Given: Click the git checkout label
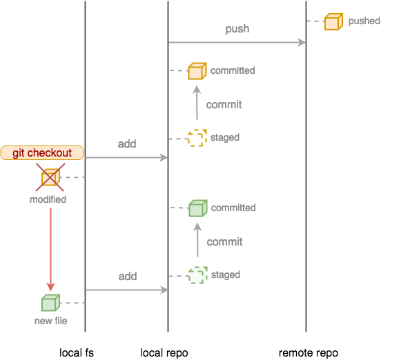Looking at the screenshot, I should (42, 152).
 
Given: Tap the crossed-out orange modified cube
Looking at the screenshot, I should (50, 178).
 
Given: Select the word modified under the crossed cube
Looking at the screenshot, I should (48, 199).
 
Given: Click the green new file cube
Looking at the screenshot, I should (50, 303).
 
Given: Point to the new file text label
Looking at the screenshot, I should (50, 321).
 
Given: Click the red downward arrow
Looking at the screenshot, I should (50, 248).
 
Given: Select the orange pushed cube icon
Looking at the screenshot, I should (333, 21).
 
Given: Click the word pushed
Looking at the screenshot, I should (364, 21).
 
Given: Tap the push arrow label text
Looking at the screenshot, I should (237, 29).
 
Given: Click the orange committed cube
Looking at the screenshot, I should (197, 70).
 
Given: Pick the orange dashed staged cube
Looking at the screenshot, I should (197, 138).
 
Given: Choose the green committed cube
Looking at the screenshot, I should (198, 208).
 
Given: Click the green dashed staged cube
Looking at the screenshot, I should (197, 275).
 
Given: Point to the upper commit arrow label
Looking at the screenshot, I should (224, 105).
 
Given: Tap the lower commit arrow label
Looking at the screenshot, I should (224, 242).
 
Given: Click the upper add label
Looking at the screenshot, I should (127, 144).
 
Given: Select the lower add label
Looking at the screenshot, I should (127, 277).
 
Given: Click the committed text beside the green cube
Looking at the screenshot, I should (233, 208).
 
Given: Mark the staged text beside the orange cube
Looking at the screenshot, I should (225, 138).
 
